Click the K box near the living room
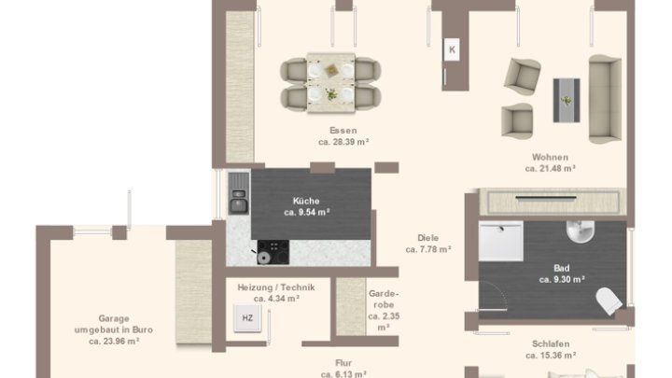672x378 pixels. [452, 49]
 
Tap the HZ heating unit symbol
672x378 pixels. [247, 318]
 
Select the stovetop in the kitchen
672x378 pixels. [273, 252]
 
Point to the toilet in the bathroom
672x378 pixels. [609, 301]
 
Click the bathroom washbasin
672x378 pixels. [581, 231]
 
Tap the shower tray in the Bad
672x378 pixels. [500, 241]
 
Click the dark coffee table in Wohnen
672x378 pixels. [567, 100]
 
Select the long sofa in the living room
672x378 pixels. [605, 99]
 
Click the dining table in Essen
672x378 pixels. [330, 83]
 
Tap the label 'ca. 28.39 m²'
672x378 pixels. [343, 142]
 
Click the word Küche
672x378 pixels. [306, 201]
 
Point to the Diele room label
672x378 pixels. [427, 238]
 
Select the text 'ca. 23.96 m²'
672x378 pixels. [114, 342]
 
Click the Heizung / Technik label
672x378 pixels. [276, 287]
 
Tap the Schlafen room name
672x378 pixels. [551, 343]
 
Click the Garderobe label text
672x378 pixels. [384, 300]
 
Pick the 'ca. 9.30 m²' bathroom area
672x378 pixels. [562, 279]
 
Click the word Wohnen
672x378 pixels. [551, 158]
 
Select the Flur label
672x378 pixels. [343, 363]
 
